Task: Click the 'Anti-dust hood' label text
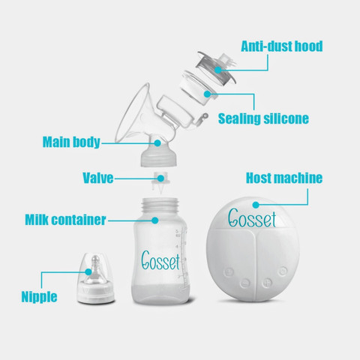282,46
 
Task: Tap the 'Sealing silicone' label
263,118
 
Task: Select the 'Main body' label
71,142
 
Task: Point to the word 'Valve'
98,178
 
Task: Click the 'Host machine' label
284,178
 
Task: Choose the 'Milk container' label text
65,220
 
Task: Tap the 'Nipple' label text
39,297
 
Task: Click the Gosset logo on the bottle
160,261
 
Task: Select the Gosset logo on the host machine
252,218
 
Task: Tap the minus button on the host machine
245,283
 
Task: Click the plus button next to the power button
267,283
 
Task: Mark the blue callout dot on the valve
160,178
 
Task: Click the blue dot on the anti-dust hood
218,70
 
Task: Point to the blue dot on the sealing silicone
207,94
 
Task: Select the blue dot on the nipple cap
88,271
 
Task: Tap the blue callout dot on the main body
157,143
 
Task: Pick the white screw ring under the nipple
96,294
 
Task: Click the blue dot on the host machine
256,205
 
